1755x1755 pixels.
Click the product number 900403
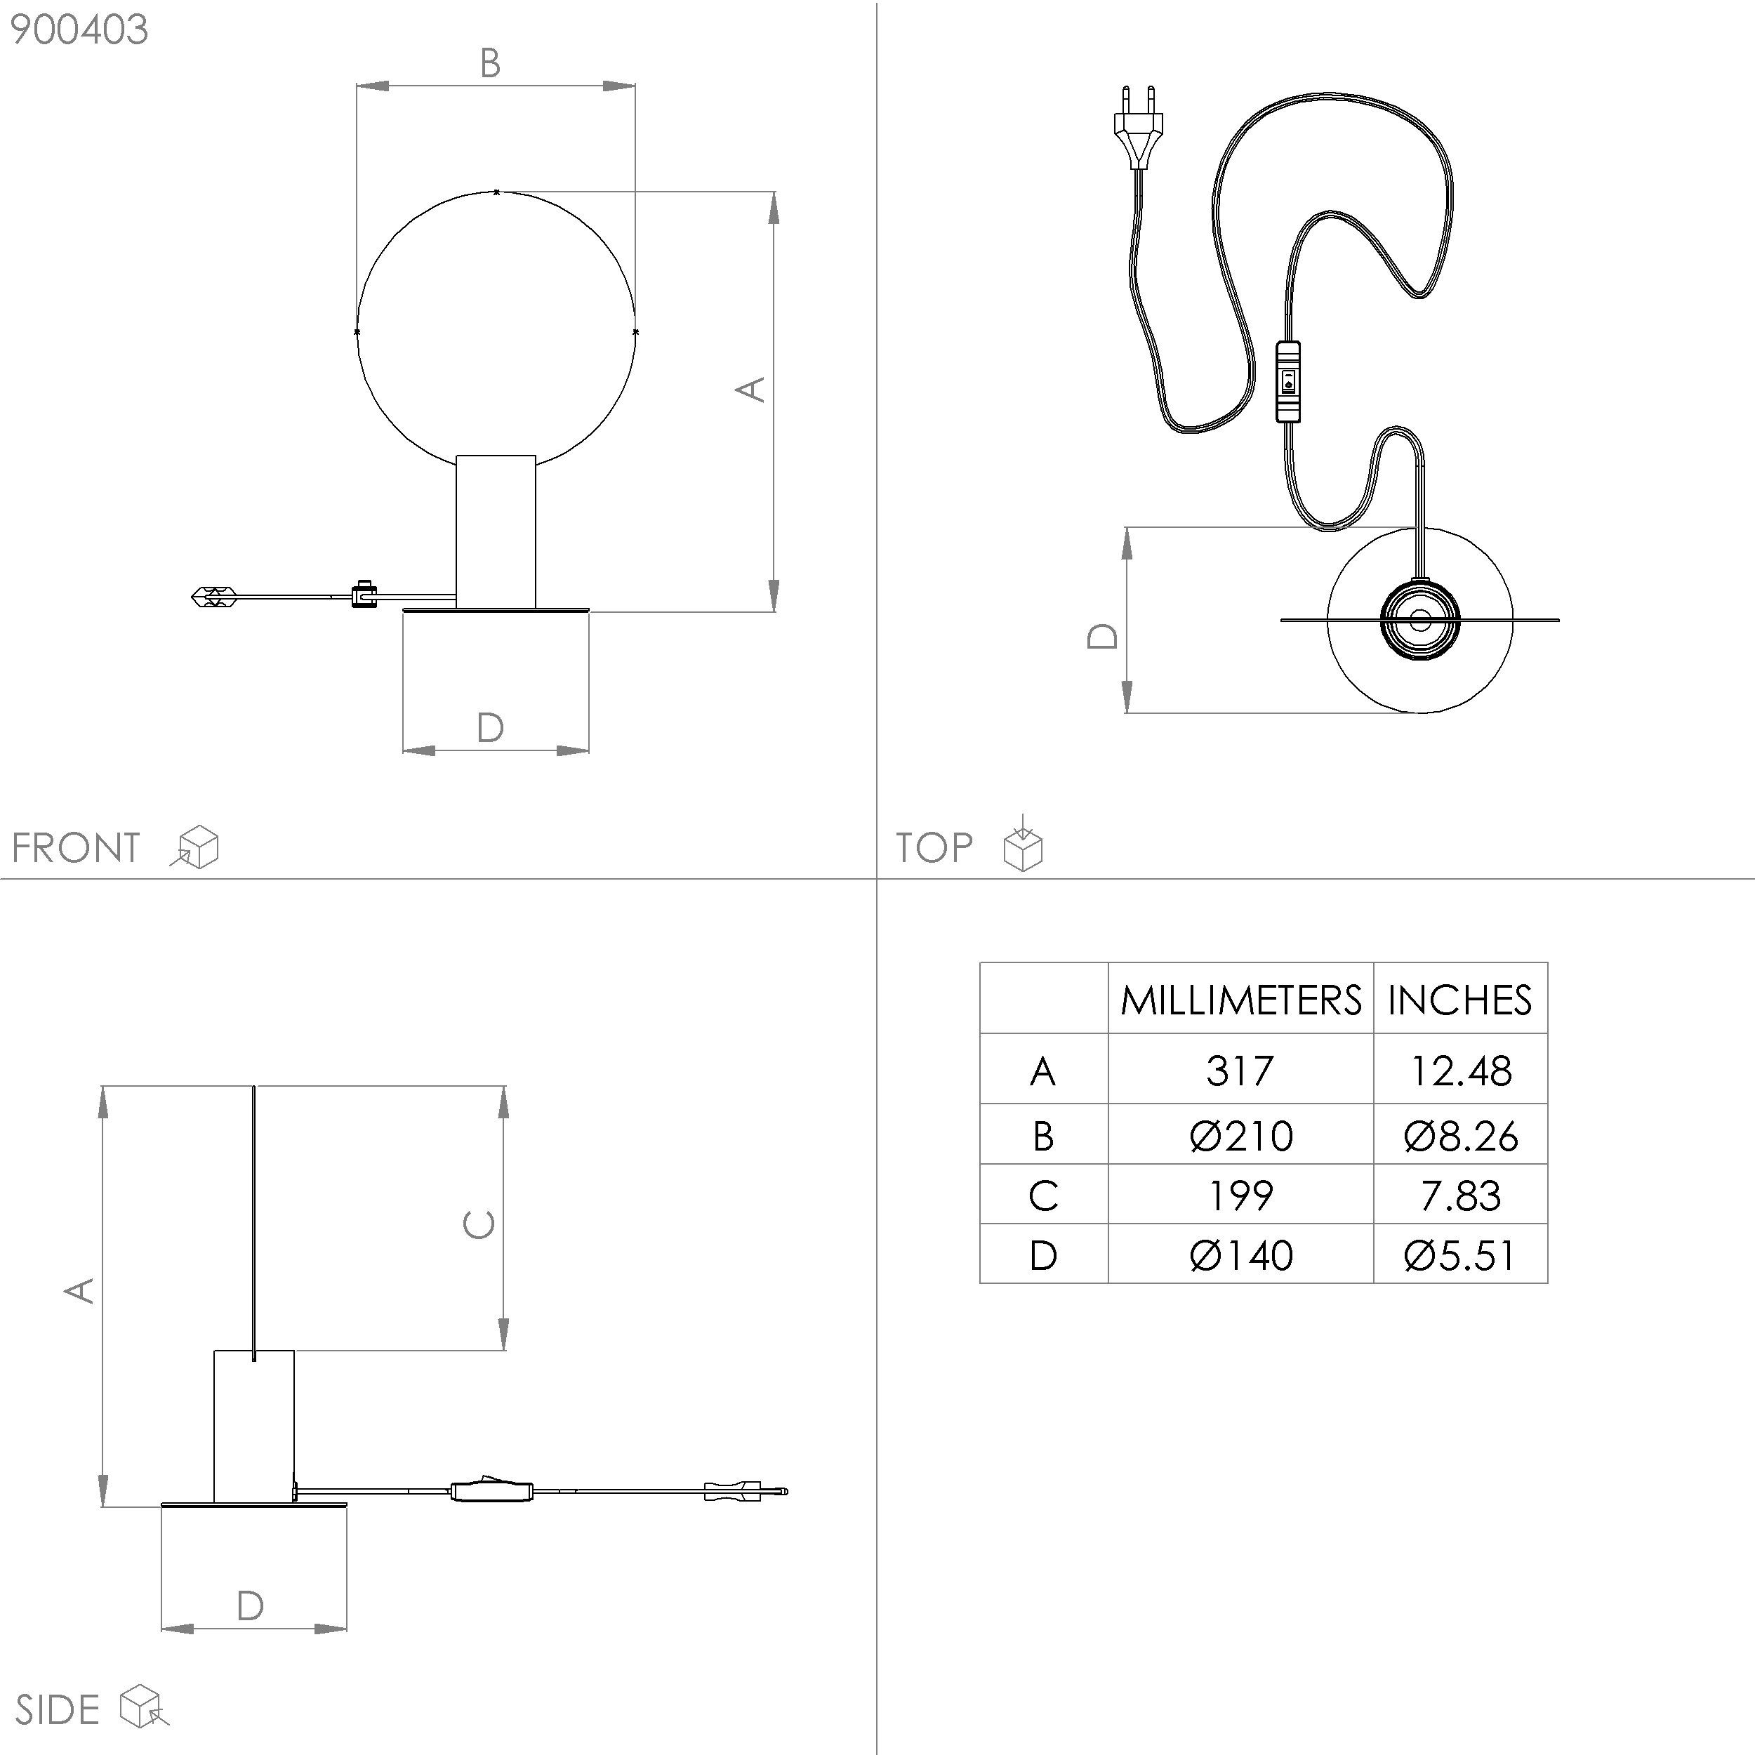pos(79,30)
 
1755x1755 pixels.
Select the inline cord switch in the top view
pos(1287,381)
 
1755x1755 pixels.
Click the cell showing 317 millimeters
pos(1240,1070)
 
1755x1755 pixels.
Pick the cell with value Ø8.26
pos(1459,1135)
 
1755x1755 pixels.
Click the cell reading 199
pos(1240,1196)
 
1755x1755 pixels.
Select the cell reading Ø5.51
pos(1459,1255)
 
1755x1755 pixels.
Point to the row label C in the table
pos(1043,1196)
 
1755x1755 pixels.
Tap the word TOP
pos(934,847)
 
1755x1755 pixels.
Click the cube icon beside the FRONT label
pos(197,847)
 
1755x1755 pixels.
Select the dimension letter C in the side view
pos(479,1224)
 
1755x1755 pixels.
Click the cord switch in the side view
pos(491,1490)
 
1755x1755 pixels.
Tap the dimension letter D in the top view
pos(1103,636)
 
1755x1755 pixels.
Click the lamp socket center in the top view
pos(1419,621)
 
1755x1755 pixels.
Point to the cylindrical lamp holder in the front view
pos(496,531)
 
